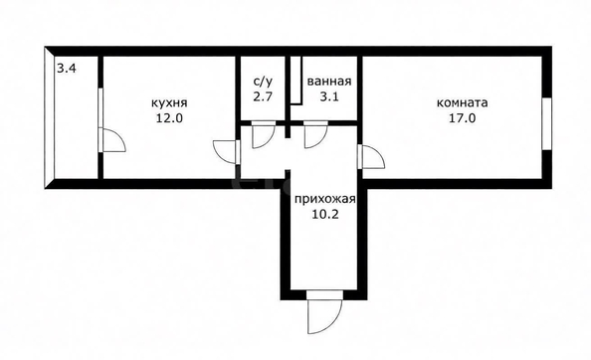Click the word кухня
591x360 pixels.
tap(169, 102)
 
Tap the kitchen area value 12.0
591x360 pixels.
tap(169, 118)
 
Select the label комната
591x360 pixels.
tap(462, 102)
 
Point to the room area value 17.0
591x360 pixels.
tap(462, 118)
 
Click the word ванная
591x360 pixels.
tap(329, 82)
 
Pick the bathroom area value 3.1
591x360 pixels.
tap(329, 96)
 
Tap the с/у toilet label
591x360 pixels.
tap(263, 81)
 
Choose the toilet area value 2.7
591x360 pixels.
tap(263, 96)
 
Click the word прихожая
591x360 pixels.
tap(325, 199)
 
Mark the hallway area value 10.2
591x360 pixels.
tap(325, 214)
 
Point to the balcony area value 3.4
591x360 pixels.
tap(67, 69)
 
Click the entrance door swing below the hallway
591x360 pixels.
tap(325, 312)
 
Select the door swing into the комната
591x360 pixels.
tap(371, 157)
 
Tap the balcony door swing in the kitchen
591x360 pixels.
tap(112, 140)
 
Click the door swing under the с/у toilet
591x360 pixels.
tap(263, 134)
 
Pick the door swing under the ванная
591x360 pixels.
tap(315, 134)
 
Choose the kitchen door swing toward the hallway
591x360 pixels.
tap(227, 152)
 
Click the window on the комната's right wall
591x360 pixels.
tap(547, 124)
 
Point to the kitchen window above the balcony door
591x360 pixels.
tap(100, 108)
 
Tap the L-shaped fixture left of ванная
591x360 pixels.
tap(297, 80)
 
